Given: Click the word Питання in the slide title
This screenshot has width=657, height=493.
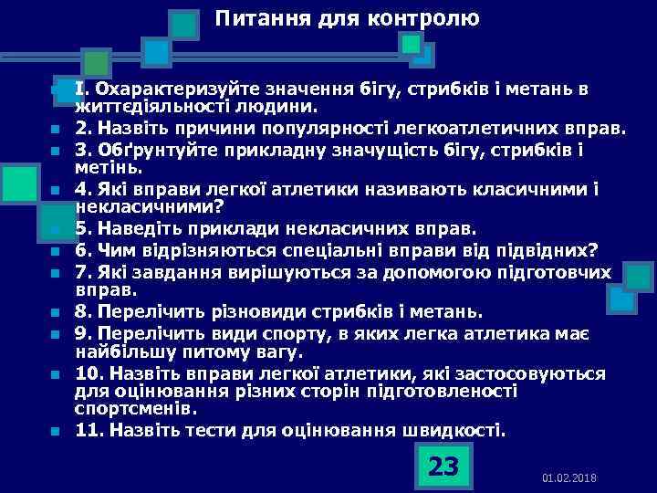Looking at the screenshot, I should (259, 18).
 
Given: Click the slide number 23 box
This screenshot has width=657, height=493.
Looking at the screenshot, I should (443, 467).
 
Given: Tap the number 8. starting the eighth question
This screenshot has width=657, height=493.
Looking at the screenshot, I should (83, 310).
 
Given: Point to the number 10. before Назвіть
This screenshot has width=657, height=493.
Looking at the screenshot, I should (89, 372).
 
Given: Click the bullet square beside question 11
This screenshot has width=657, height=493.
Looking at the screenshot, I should (55, 431).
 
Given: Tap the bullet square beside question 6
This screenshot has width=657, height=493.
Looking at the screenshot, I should (55, 250).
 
